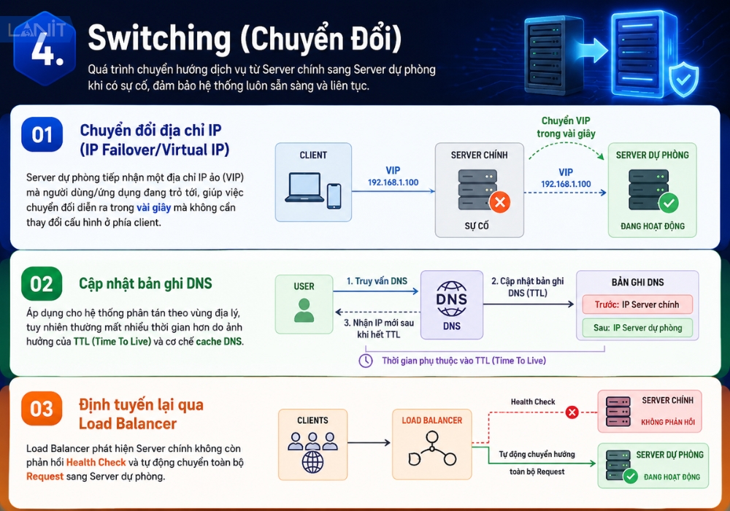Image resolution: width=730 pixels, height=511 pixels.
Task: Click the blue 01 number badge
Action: coord(42,134)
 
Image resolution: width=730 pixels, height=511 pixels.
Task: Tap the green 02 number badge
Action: coord(42,284)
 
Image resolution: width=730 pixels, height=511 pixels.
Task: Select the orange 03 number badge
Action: coord(42,409)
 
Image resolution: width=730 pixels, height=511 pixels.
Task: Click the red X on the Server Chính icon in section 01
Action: coord(500,202)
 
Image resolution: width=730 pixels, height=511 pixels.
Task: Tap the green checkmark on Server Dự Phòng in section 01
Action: coord(669,203)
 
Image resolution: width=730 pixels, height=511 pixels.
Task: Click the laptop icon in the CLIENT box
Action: coord(305,188)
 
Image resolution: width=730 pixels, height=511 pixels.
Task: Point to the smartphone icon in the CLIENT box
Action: coord(334,196)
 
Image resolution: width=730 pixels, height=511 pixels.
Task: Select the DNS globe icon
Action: coord(451,299)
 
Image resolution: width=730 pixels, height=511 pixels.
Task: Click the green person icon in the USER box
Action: coord(304,310)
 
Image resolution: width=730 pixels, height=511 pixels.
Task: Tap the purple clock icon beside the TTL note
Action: coord(366,361)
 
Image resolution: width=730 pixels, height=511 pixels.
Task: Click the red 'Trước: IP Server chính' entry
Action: coord(637,304)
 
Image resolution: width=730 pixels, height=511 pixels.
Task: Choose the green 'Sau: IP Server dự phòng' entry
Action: coord(637,328)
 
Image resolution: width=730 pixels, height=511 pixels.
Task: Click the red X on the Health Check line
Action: coord(572,412)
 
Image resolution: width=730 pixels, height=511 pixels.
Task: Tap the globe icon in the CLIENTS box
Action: coord(313,462)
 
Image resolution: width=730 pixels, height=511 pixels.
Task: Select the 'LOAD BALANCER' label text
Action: coord(432,420)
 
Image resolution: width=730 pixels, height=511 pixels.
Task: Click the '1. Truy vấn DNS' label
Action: coord(377,281)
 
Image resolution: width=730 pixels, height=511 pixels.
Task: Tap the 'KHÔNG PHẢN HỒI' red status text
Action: coord(668,422)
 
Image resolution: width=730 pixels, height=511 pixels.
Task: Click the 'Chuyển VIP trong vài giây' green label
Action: coord(566,127)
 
